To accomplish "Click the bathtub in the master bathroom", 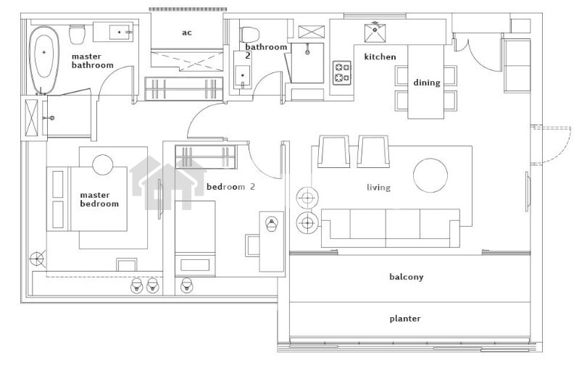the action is pos(44,60).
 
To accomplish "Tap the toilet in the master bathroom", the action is pos(77,34).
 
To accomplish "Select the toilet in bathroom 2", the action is pos(250,34).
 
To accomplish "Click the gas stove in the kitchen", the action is pos(342,72).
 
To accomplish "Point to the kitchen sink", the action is pos(375,33).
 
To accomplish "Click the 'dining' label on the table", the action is pos(426,83).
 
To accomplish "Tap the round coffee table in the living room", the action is pos(430,175).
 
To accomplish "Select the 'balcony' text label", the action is pos(406,277).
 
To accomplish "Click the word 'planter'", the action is pos(405,319).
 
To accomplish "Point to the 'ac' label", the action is pos(187,33).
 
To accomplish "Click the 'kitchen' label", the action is pos(380,56).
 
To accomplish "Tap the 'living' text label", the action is pos(378,187).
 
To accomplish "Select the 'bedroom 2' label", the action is pos(230,187).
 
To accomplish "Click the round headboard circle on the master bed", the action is pos(103,164).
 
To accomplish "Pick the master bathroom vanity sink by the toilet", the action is pos(120,32).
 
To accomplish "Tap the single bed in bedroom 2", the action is pos(195,238).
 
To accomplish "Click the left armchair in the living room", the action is pos(333,151).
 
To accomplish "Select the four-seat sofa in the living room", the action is pos(391,227).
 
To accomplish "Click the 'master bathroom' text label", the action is pos(93,61).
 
